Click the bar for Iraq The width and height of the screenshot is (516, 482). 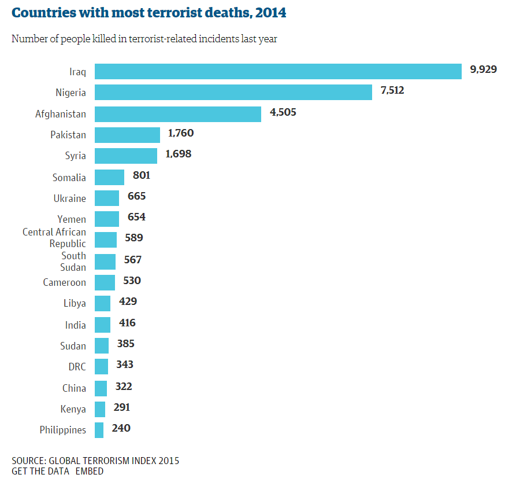(278, 71)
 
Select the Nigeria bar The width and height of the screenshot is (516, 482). (233, 92)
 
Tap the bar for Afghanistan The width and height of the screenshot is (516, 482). (178, 113)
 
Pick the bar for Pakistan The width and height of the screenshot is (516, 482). (127, 135)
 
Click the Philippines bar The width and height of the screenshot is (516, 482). (99, 430)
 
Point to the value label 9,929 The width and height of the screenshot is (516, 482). (484, 69)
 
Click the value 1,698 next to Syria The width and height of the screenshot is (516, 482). (178, 154)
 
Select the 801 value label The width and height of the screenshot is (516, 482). (142, 175)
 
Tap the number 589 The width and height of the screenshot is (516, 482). (134, 238)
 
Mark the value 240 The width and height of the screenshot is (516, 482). (121, 428)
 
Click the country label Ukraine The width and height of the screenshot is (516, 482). (69, 198)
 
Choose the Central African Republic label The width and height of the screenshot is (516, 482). (54, 238)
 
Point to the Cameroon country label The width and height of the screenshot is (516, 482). (64, 282)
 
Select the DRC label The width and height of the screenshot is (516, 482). (77, 367)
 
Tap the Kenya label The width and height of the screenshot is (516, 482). (73, 409)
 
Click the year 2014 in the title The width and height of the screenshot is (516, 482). (270, 13)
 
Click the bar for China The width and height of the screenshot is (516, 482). (101, 388)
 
